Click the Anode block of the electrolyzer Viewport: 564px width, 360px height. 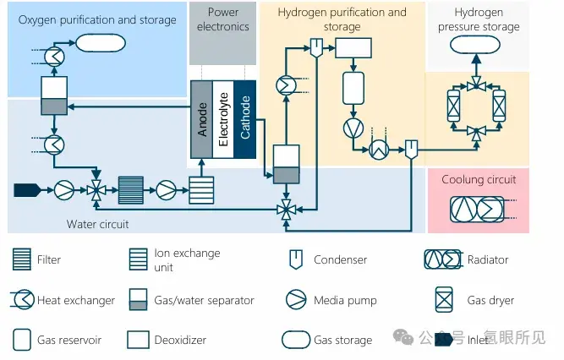tap(201, 119)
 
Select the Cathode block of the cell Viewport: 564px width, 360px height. tap(245, 119)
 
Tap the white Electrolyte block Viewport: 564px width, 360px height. tap(223, 119)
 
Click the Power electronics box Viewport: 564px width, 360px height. tap(223, 34)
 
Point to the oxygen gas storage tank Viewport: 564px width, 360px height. tap(101, 43)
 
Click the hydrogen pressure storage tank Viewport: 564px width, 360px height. tap(475, 45)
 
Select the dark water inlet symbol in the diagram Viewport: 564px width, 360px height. tap(27, 190)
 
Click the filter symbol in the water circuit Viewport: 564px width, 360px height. tap(131, 190)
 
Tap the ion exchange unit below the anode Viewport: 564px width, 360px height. tap(201, 190)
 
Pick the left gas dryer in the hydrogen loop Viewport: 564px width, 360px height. tap(453, 106)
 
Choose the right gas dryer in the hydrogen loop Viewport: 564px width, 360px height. tap(499, 106)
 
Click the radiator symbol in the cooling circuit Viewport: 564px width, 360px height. tap(477, 209)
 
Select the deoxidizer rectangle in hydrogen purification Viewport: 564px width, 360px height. tap(353, 48)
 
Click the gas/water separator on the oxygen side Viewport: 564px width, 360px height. tap(54, 95)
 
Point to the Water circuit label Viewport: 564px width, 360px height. tap(97, 225)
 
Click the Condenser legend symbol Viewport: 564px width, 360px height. tap(296, 259)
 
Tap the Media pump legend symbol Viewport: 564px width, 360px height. tap(296, 300)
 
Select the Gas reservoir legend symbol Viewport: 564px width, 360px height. tap(22, 340)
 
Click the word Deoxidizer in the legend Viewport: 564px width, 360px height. tap(180, 340)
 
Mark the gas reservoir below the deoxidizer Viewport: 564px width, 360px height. tap(353, 88)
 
